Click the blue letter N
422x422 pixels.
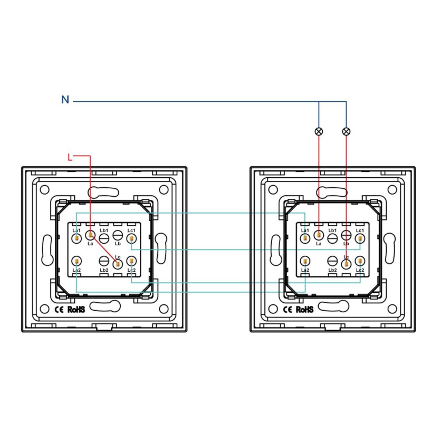tap(65, 100)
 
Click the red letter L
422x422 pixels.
tap(70, 157)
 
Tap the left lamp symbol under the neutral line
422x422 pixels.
tap(319, 131)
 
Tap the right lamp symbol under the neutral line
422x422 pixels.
tap(346, 131)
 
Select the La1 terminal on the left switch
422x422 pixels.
tap(76, 238)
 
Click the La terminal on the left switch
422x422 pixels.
tap(90, 235)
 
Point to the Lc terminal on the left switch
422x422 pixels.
tap(118, 264)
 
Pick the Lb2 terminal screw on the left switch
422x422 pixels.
tap(103, 261)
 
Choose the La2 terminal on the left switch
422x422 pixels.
tap(76, 261)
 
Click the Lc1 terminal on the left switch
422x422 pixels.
tap(131, 238)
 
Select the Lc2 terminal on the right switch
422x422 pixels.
tap(360, 261)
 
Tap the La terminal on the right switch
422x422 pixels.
tap(319, 235)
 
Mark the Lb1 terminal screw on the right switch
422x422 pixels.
tap(332, 238)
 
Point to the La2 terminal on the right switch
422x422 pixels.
tap(305, 261)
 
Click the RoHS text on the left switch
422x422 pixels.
tap(76, 310)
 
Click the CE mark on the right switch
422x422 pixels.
tap(287, 310)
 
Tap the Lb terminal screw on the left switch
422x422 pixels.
tap(118, 235)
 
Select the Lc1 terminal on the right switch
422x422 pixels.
tap(360, 238)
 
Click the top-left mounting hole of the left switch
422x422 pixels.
tap(44, 190)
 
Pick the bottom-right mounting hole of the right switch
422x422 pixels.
tap(392, 309)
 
